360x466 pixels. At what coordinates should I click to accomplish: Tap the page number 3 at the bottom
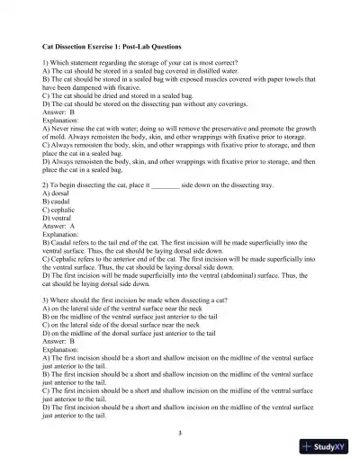click(x=180, y=433)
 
